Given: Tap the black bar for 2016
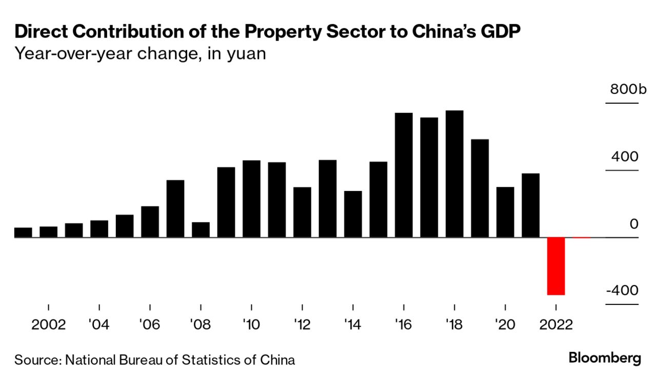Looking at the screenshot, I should [x=404, y=175].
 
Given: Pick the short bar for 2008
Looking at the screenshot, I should [x=201, y=230].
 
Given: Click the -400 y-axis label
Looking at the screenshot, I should [x=622, y=291].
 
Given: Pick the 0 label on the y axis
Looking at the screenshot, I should [x=634, y=224].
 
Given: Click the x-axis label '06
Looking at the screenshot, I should [x=149, y=325].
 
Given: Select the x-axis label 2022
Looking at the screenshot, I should [x=555, y=325].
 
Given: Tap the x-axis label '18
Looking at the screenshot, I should [x=454, y=325].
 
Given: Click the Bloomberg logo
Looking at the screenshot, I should [x=605, y=358].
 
